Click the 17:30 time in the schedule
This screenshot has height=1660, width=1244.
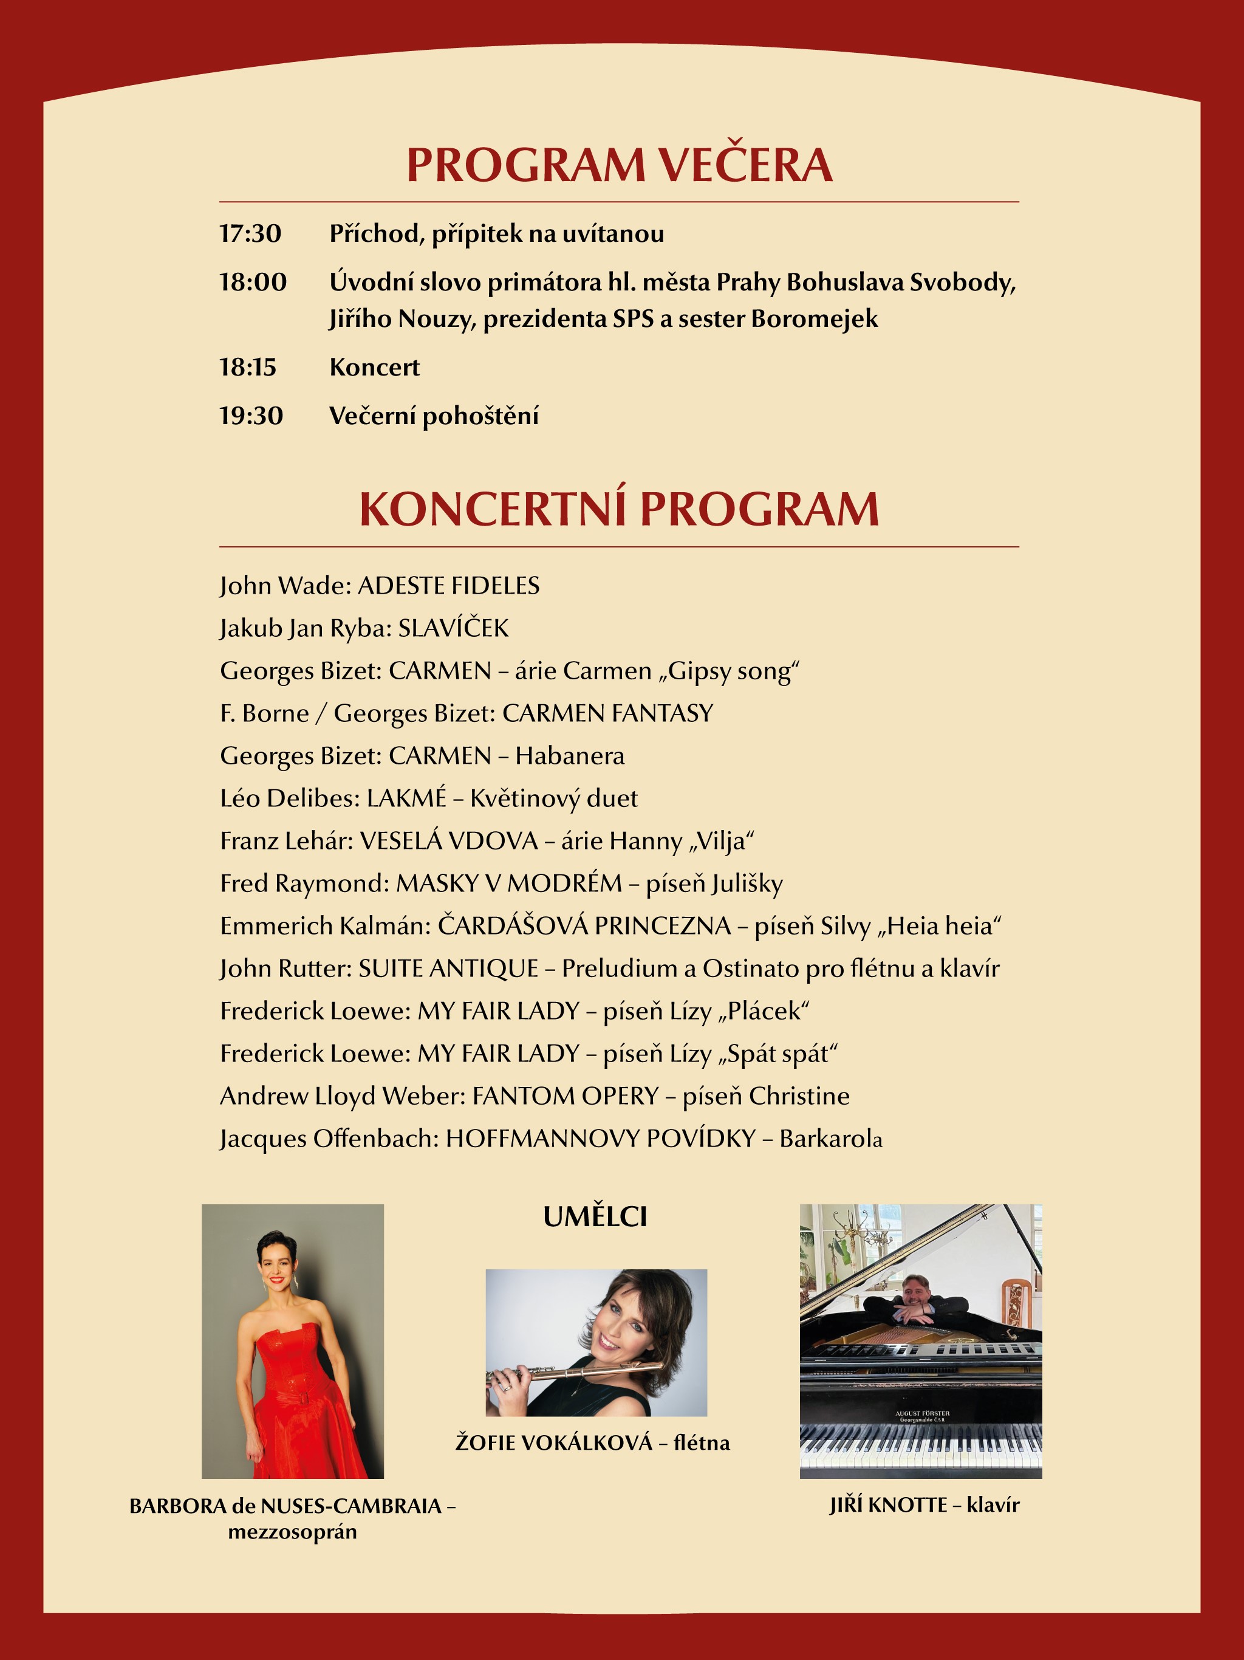(x=250, y=233)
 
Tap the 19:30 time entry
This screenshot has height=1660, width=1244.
(x=251, y=415)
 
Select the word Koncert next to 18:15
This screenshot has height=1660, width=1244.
(x=374, y=367)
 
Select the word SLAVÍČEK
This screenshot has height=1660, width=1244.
(x=453, y=628)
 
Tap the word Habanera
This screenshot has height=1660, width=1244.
(x=570, y=756)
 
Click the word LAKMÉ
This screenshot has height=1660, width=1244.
(x=406, y=798)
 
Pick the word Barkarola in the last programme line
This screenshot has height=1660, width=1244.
(x=830, y=1139)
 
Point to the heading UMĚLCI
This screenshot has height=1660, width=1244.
(x=595, y=1216)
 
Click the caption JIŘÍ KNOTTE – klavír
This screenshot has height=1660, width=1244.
(x=924, y=1504)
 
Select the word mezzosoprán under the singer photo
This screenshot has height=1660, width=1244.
(x=293, y=1532)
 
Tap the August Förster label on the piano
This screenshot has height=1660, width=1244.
(x=922, y=1415)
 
